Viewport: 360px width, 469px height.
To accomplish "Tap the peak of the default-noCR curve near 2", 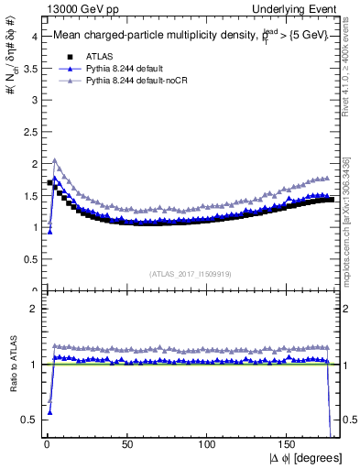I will point(55,160).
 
